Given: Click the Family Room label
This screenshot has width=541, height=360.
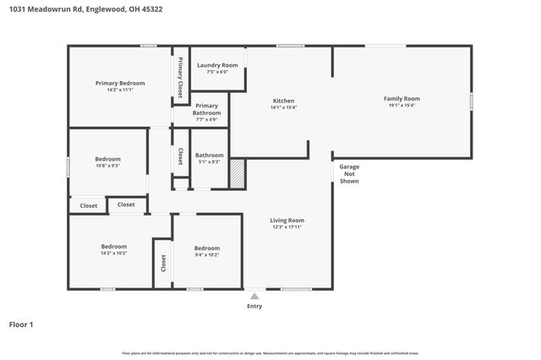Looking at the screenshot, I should (x=403, y=99).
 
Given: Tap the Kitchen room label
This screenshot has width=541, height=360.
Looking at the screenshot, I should (x=282, y=100).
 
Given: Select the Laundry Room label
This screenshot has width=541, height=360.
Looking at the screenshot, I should (x=217, y=65).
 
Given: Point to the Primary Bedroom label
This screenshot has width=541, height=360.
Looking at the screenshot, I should (x=120, y=83).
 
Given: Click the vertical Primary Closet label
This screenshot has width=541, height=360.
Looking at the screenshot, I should (x=180, y=76).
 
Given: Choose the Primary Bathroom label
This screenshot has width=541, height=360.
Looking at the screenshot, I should (x=207, y=109).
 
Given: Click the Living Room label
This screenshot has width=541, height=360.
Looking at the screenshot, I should (x=287, y=220).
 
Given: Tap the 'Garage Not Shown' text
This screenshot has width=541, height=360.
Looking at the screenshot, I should (x=349, y=174).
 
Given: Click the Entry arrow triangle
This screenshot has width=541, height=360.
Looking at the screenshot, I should (x=254, y=296).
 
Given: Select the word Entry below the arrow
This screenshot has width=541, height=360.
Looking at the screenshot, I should (x=254, y=306).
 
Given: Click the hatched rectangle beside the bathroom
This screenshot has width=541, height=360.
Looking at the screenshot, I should (x=238, y=174).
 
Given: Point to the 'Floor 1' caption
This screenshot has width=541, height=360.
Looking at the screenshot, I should (x=21, y=324).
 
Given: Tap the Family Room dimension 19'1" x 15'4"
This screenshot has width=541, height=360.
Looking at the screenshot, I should (x=403, y=106).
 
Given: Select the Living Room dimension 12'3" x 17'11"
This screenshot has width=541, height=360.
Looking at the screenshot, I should (x=287, y=227).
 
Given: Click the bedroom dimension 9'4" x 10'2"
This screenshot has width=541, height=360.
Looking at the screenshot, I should (x=207, y=254).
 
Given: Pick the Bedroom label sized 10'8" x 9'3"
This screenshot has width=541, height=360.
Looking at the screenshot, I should (x=107, y=159).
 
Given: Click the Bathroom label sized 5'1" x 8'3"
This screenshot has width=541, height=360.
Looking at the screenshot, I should (x=209, y=155).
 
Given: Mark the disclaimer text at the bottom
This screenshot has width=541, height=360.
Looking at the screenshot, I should (x=270, y=352).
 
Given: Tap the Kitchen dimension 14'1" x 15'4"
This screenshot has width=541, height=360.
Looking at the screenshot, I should (x=282, y=107).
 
